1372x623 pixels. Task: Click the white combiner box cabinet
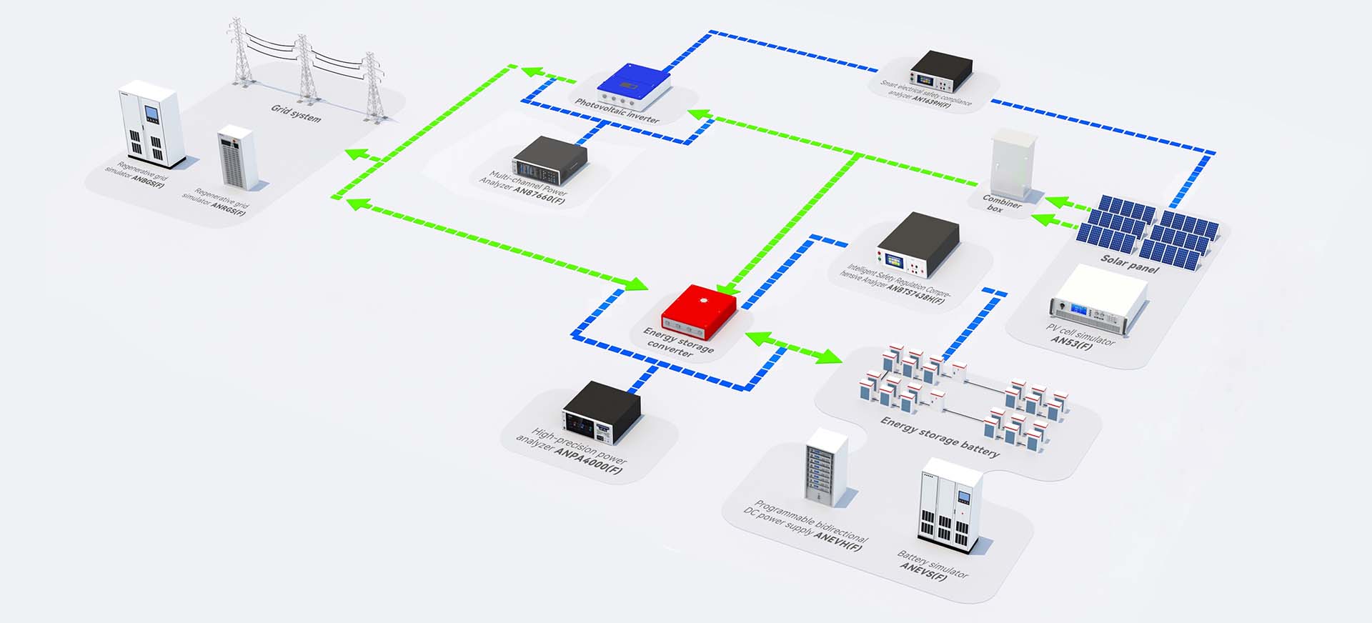(x=1013, y=164)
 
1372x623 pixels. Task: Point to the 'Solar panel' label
(x=1129, y=263)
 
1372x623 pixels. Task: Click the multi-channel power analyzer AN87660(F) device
(x=549, y=160)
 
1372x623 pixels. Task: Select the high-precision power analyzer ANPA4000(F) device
(x=601, y=412)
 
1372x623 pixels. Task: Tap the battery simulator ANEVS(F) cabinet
(x=949, y=501)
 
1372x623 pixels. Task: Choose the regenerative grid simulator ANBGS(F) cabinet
(x=151, y=124)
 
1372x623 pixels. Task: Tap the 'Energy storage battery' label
(x=940, y=437)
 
